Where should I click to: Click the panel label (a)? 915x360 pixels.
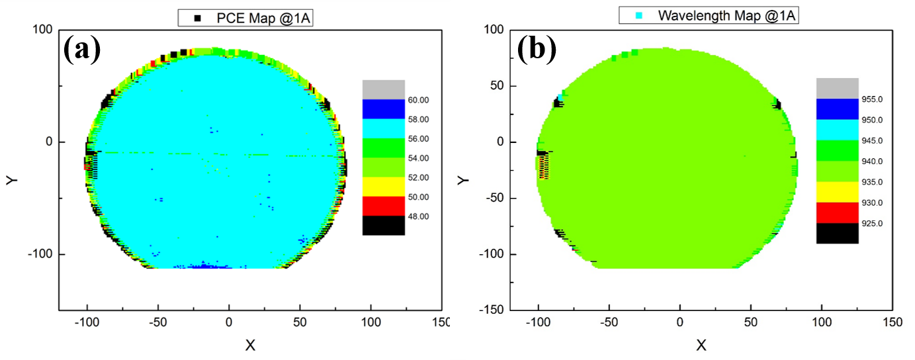pos(82,50)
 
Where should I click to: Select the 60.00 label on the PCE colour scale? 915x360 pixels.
pos(419,100)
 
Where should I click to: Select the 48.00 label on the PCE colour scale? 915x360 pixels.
pos(419,216)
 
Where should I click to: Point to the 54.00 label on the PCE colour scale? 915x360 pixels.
pos(419,158)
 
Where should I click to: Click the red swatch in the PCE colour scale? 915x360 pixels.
pos(383,206)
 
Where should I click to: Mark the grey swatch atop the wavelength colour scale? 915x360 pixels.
pos(837,88)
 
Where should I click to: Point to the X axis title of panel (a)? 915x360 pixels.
pos(250,344)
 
